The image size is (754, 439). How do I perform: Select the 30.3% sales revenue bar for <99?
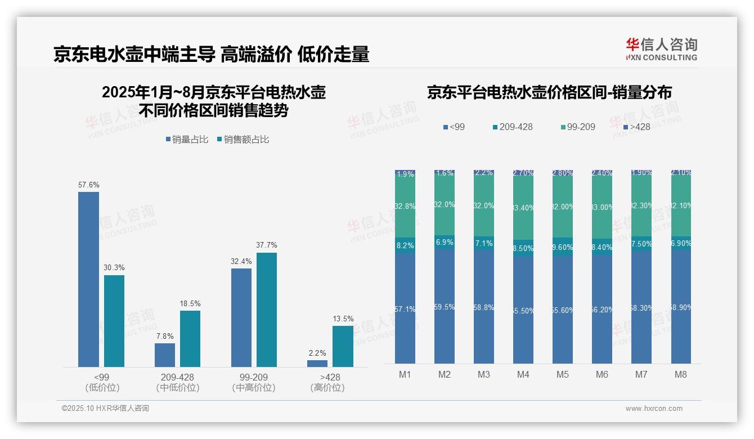pos(114,321)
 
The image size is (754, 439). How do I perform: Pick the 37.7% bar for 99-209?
pos(267,310)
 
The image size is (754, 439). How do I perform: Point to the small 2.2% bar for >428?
pos(317,364)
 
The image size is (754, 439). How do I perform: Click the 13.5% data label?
pos(343,319)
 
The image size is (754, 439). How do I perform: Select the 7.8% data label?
pos(165,336)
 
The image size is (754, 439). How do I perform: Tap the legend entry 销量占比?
pos(187,140)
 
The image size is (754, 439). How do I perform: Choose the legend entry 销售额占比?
pos(243,140)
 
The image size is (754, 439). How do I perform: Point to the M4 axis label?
pos(523,374)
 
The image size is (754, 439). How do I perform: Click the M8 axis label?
pos(681,374)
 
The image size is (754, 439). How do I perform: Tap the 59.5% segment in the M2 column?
pos(445,307)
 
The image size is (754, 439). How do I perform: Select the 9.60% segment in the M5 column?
pos(563,247)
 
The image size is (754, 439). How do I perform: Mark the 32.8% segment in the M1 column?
pos(405,207)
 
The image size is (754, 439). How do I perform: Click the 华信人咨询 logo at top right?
pos(661,49)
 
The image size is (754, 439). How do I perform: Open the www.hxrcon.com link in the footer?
pos(654,409)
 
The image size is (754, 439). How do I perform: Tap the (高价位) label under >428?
pos(327,388)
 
